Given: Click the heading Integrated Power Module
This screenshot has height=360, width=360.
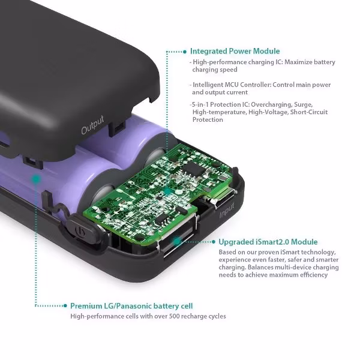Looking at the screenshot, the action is click(x=235, y=51).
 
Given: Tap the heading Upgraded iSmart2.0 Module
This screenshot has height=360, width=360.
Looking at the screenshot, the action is click(x=268, y=242).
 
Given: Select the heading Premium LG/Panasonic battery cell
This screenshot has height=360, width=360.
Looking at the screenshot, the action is click(x=131, y=306).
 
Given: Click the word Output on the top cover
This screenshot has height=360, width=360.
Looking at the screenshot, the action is click(x=92, y=125).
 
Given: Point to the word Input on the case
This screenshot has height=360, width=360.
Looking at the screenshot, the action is click(x=227, y=211).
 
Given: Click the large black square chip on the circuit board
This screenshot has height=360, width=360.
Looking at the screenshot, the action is click(x=193, y=169).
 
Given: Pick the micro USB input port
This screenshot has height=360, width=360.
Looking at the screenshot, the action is click(x=220, y=199).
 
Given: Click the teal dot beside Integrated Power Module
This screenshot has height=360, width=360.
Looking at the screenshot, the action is click(x=185, y=52).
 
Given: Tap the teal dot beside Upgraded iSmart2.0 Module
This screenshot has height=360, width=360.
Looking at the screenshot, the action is click(x=214, y=242).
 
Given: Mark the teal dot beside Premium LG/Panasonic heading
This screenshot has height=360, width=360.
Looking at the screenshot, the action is click(x=65, y=305).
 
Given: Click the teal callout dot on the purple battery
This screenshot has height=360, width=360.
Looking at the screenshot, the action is click(x=35, y=179).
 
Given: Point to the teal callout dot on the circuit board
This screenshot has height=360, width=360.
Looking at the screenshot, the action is click(x=168, y=191).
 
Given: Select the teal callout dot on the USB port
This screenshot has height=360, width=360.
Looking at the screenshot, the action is click(x=177, y=241).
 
